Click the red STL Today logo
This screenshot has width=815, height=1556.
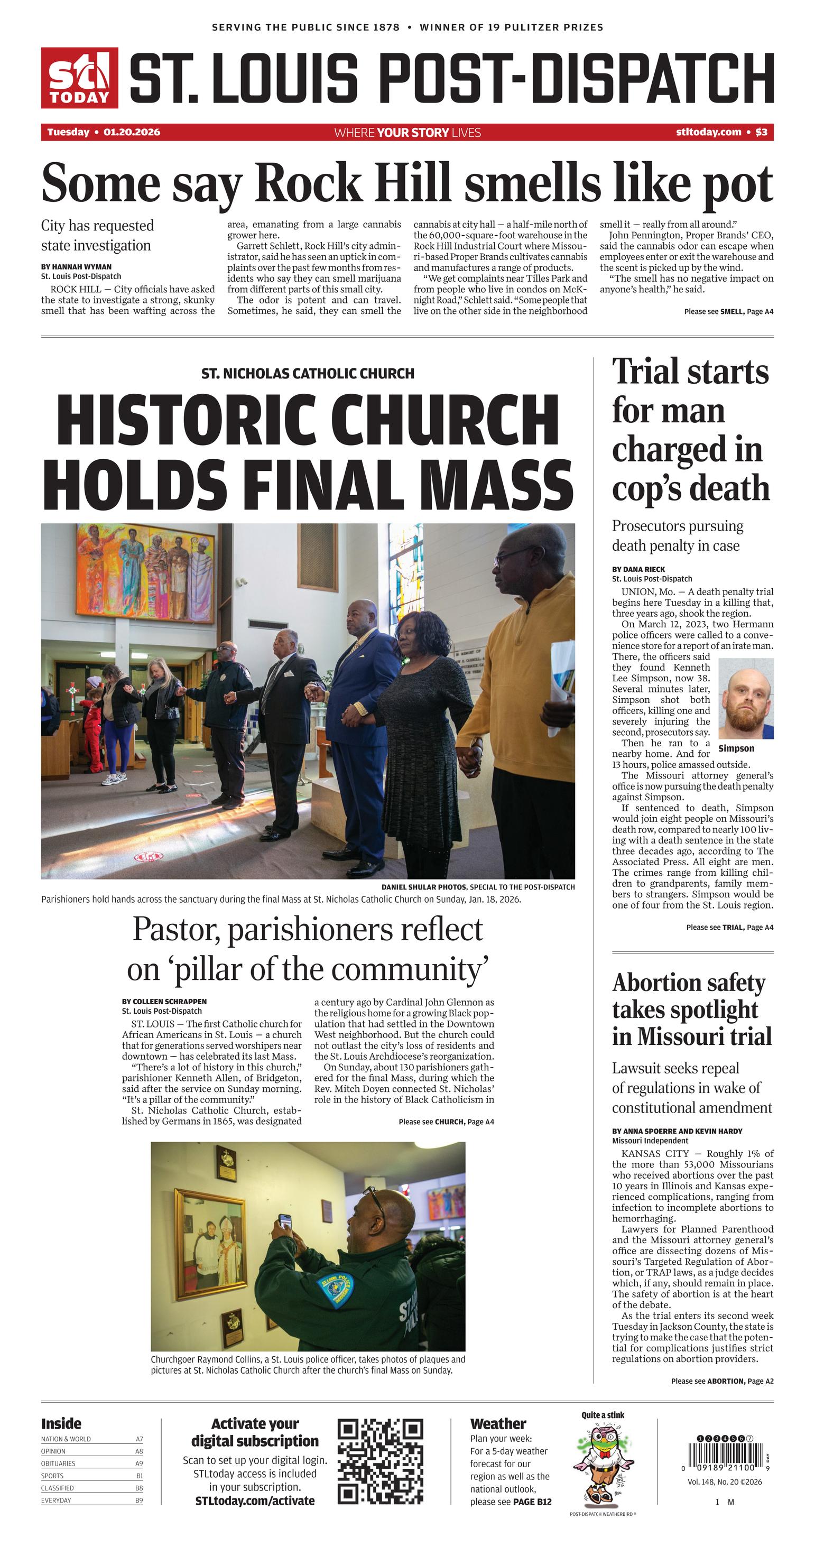pyautogui.click(x=79, y=78)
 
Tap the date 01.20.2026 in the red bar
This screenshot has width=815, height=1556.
pyautogui.click(x=132, y=132)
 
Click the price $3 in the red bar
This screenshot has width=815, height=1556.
pyautogui.click(x=761, y=132)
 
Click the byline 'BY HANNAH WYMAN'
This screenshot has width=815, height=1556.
pyautogui.click(x=76, y=266)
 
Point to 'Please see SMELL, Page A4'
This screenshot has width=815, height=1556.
pyautogui.click(x=728, y=312)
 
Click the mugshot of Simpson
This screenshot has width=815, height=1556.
pyautogui.click(x=746, y=698)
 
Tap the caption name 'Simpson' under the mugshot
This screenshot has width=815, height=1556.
pyautogui.click(x=736, y=748)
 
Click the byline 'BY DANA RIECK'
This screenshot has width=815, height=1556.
pyautogui.click(x=638, y=569)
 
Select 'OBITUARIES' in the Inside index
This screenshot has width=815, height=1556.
pyautogui.click(x=59, y=1464)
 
